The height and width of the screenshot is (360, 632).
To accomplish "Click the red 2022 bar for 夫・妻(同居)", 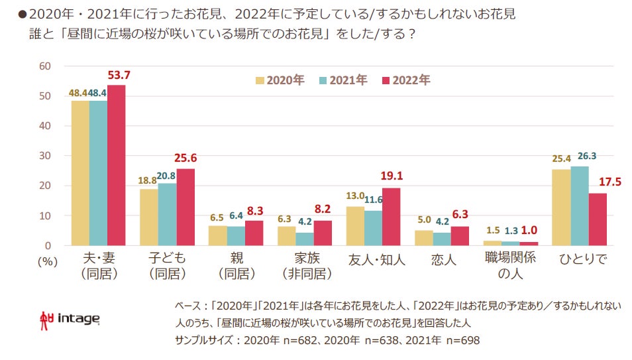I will (x=116, y=166).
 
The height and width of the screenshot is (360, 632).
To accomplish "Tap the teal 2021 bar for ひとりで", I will (x=579, y=206).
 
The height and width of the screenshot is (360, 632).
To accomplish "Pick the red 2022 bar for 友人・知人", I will (x=392, y=217).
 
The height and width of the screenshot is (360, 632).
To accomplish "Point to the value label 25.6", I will (x=185, y=158).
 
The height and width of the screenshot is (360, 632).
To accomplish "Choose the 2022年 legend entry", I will (x=405, y=80).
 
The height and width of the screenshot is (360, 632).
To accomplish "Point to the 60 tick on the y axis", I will (x=46, y=66).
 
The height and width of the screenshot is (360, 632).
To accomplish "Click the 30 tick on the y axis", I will (x=46, y=156).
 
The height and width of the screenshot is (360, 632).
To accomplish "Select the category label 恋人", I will (x=443, y=261).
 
